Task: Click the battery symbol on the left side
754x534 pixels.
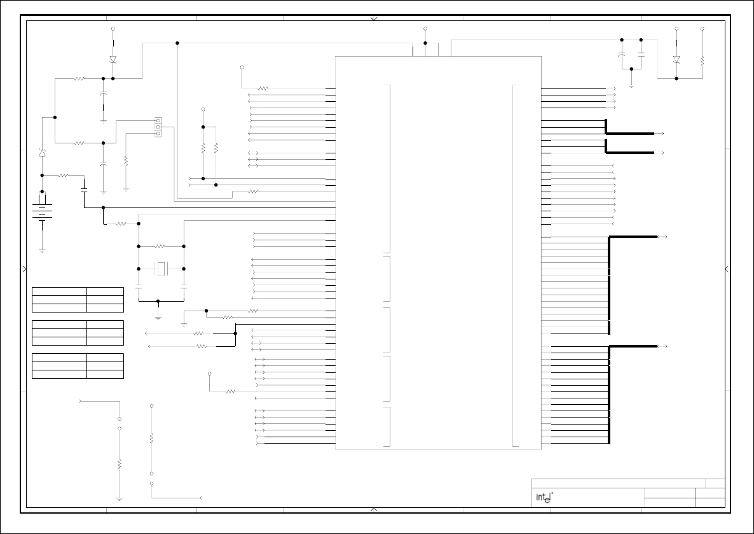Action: pos(42,213)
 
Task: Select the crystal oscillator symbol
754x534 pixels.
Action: pos(161,269)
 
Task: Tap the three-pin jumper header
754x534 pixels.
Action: pos(158,127)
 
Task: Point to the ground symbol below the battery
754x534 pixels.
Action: pos(42,250)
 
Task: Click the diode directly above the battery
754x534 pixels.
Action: pos(42,153)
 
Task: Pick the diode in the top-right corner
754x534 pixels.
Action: pos(676,59)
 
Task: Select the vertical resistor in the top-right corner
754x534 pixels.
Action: pos(702,61)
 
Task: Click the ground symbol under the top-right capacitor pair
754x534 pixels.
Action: pos(631,85)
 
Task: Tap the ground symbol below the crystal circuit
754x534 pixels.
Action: pos(158,317)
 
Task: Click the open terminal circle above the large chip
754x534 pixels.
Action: pos(425,29)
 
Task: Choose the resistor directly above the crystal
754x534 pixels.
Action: pos(160,246)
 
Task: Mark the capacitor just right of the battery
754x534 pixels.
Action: pos(84,189)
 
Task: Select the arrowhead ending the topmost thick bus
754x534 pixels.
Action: pos(662,134)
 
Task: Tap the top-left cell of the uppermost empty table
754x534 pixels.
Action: pos(59,291)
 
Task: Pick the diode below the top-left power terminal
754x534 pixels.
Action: pos(113,59)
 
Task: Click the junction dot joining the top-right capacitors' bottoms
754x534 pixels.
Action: pos(631,69)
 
